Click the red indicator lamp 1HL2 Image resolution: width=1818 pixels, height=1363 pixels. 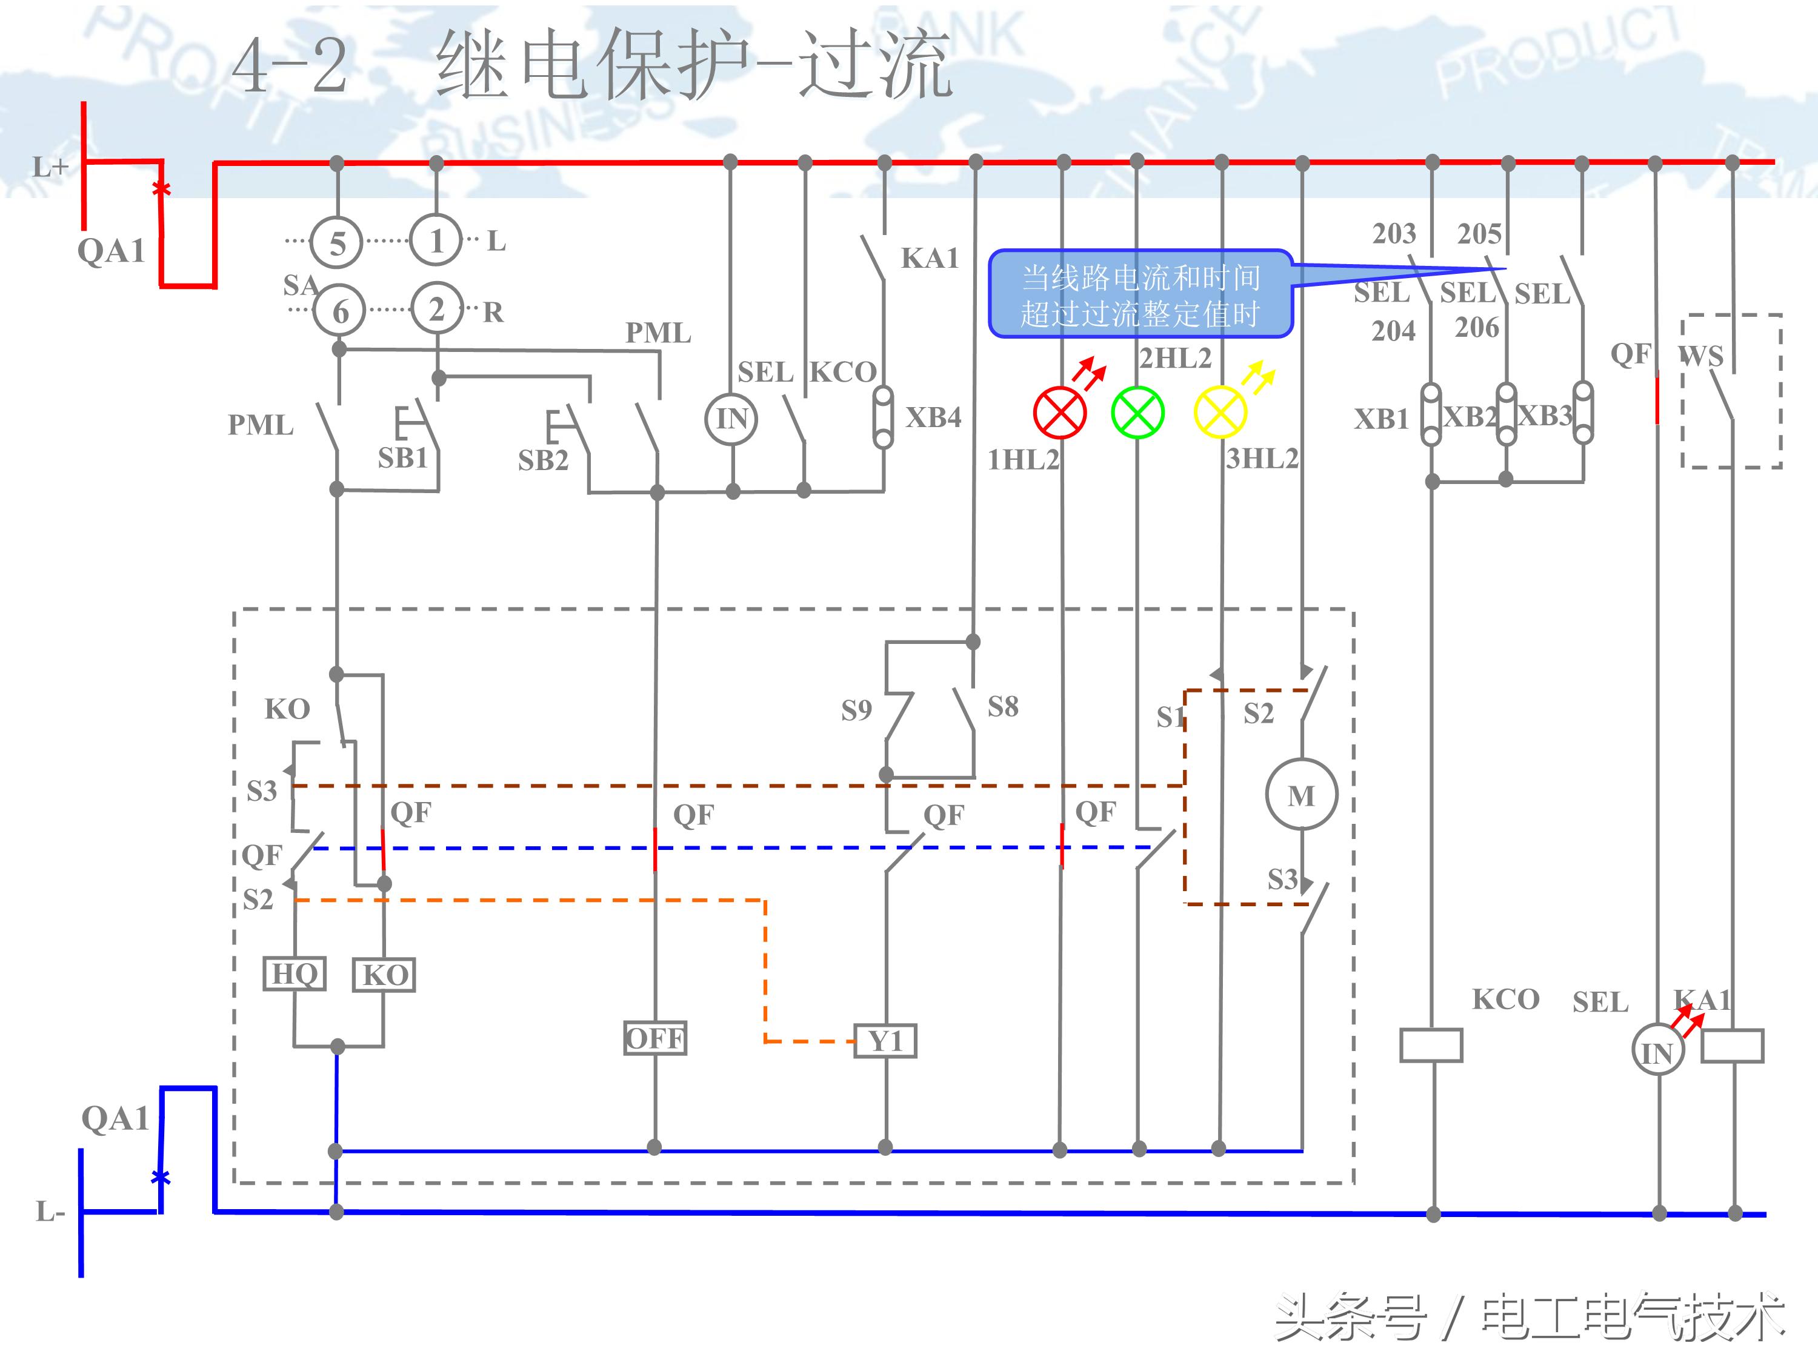1059,413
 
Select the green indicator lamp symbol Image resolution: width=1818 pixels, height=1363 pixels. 1137,413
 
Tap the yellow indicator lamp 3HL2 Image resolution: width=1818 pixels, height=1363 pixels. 1220,413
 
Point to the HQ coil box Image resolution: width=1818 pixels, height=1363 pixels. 295,973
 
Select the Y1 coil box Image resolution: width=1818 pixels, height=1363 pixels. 885,1042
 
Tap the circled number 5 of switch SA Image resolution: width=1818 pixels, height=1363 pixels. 337,243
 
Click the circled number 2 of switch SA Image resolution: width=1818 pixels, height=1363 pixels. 436,309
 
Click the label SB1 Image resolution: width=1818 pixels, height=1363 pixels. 403,457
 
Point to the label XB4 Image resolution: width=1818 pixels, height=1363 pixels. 933,417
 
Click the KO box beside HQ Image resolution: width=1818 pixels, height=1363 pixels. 384,975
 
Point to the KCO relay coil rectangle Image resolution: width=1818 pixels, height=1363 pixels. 1431,1045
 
